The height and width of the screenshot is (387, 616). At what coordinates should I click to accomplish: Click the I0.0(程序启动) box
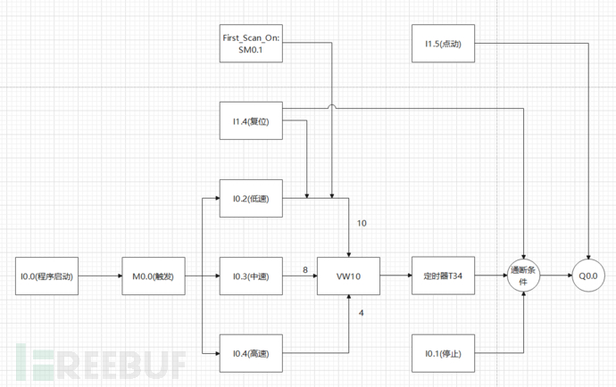52,277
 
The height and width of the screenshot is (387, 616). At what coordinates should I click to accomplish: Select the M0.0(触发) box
155,277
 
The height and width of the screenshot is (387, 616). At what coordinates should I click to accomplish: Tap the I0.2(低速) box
251,199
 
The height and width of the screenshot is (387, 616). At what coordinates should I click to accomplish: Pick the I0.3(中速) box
251,277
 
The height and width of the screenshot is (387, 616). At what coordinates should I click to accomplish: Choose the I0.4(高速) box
251,353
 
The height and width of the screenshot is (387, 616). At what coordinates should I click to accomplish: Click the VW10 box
349,277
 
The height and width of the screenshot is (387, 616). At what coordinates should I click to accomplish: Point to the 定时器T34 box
444,277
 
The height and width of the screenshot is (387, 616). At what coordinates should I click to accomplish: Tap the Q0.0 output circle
590,277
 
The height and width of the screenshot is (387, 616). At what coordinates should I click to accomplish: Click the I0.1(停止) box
444,353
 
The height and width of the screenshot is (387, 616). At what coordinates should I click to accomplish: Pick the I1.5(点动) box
444,43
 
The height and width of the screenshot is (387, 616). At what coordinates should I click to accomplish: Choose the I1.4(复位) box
251,119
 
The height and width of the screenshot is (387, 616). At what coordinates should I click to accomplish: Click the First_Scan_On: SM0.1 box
251,43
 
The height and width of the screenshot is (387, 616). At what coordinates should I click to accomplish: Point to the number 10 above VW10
362,223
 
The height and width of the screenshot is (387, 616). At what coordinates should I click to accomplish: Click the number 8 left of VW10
304,269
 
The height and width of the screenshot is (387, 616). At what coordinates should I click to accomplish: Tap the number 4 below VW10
361,312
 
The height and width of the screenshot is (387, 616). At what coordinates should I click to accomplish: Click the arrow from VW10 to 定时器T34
395,277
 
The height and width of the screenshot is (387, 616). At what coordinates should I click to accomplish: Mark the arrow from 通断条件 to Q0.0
557,277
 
